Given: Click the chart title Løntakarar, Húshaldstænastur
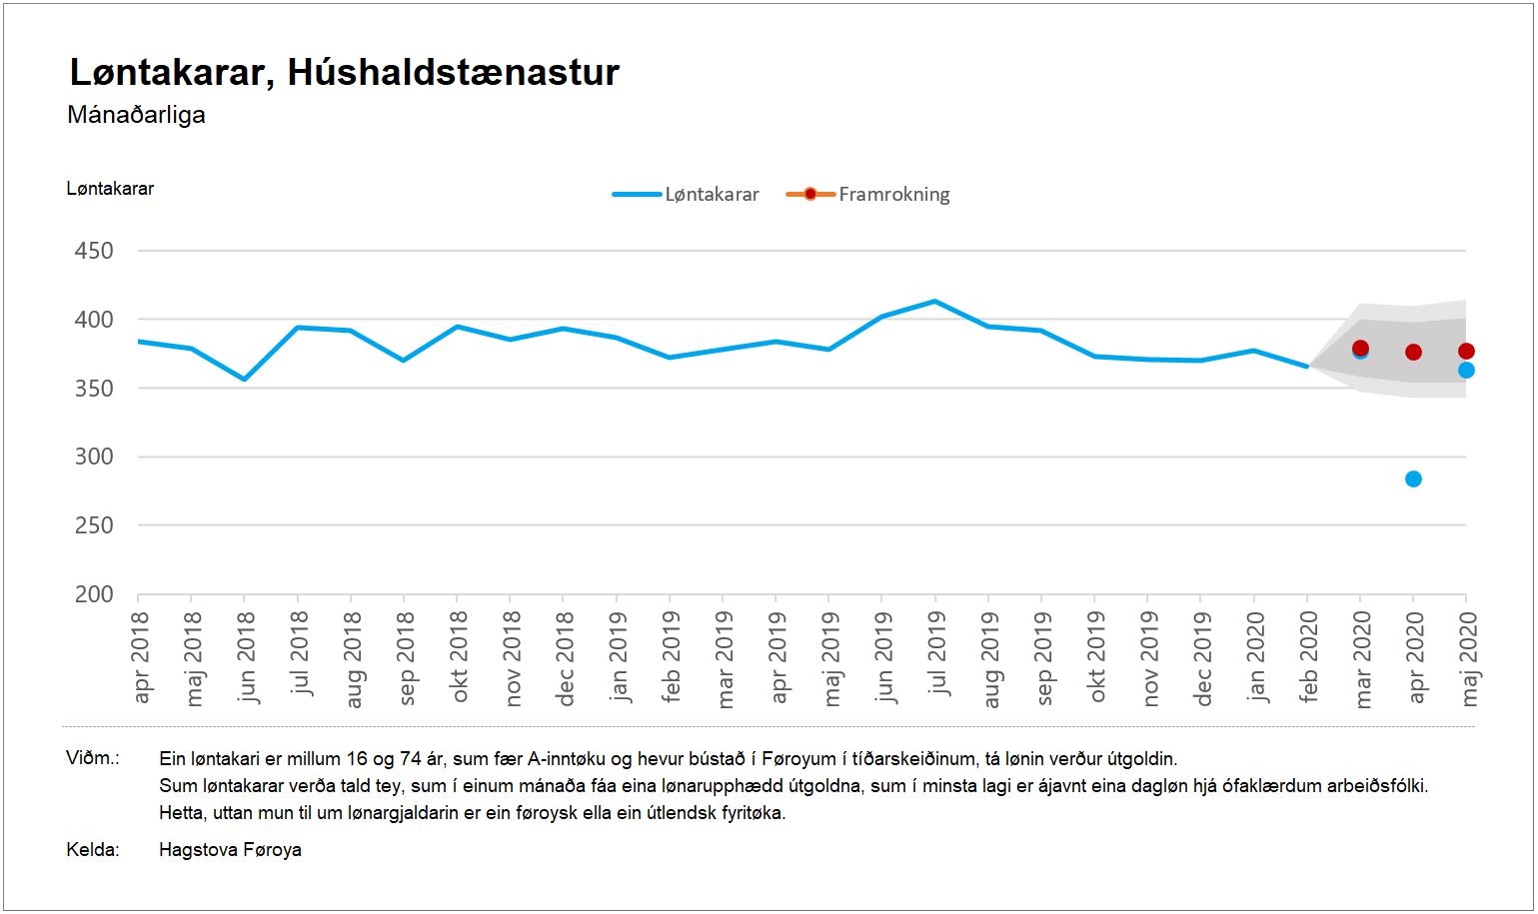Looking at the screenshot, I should pyautogui.click(x=344, y=73).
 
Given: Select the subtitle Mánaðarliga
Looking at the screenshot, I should pyautogui.click(x=136, y=115).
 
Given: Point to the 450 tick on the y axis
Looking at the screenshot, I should pyautogui.click(x=94, y=251).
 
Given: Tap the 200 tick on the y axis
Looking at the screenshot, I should pyautogui.click(x=94, y=594).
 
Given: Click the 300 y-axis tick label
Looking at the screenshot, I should pyautogui.click(x=94, y=457).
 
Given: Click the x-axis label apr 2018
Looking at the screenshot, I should pyautogui.click(x=140, y=656).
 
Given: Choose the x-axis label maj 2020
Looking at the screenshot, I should pyautogui.click(x=1468, y=658).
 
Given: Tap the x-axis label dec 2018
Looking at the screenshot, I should pyautogui.click(x=565, y=658).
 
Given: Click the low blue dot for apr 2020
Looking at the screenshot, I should pyautogui.click(x=1413, y=479).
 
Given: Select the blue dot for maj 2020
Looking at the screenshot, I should pyautogui.click(x=1466, y=371).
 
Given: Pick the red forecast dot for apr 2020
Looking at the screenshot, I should pyautogui.click(x=1413, y=353).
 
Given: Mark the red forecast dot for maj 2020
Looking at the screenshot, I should pyautogui.click(x=1466, y=352).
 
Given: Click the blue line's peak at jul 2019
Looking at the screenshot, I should pyautogui.click(x=934, y=301).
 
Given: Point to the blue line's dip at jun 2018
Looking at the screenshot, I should pyautogui.click(x=244, y=379).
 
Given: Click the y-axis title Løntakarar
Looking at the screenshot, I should pyautogui.click(x=110, y=189).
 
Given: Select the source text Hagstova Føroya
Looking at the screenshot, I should pyautogui.click(x=230, y=850).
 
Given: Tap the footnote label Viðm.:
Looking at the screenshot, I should pyautogui.click(x=93, y=758).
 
